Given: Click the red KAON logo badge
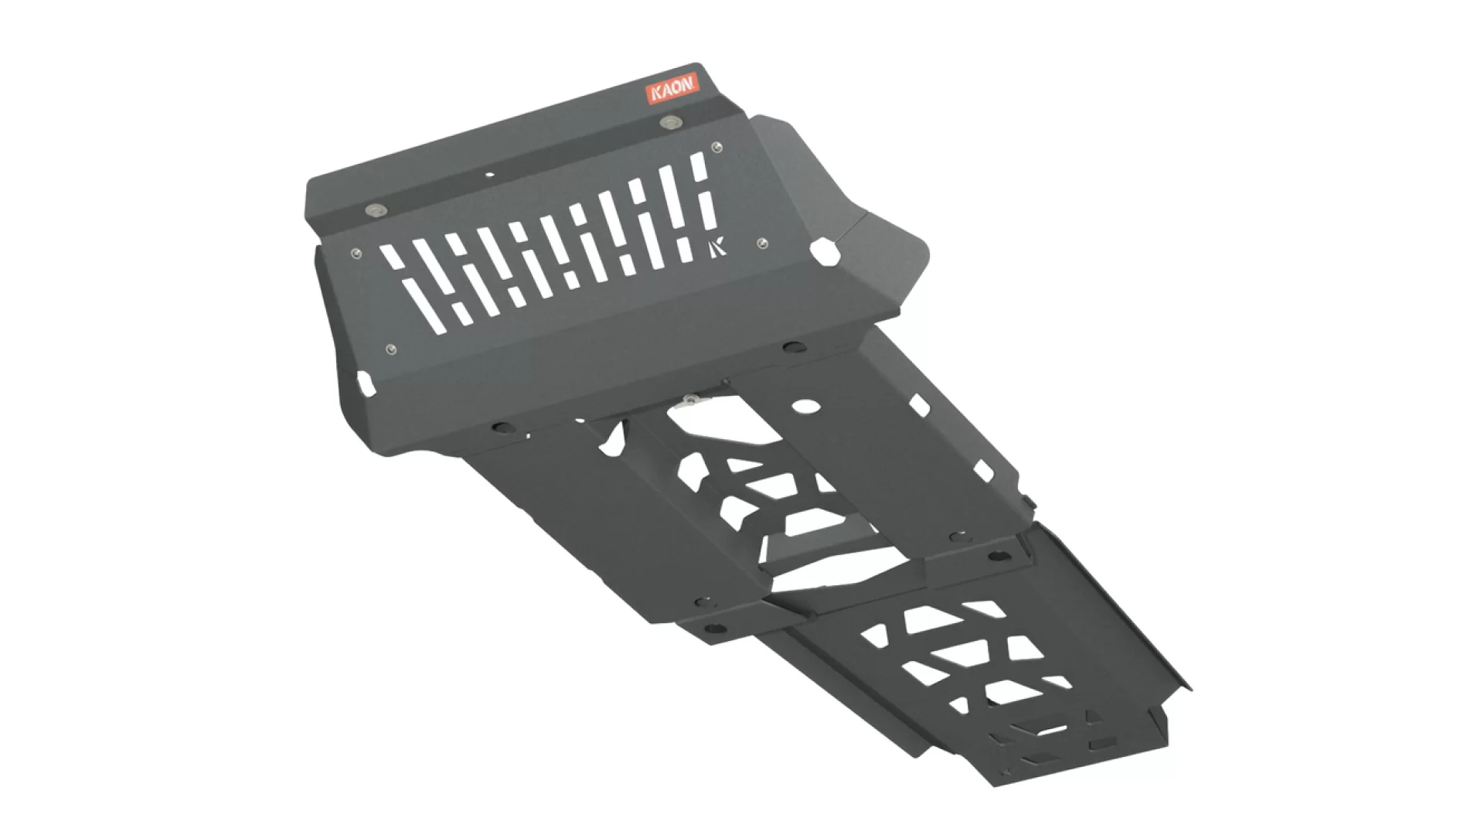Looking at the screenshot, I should (x=672, y=90).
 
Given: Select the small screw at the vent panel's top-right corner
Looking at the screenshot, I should (x=717, y=147).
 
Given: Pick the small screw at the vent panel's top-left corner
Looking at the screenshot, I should (x=356, y=253).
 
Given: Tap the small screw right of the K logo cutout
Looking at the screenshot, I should (x=764, y=244).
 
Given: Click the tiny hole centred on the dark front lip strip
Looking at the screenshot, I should (x=488, y=175).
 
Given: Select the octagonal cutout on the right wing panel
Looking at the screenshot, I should (x=824, y=252).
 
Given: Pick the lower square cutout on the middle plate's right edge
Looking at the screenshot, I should (x=983, y=469).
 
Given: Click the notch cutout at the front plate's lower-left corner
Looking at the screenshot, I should (x=364, y=382).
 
